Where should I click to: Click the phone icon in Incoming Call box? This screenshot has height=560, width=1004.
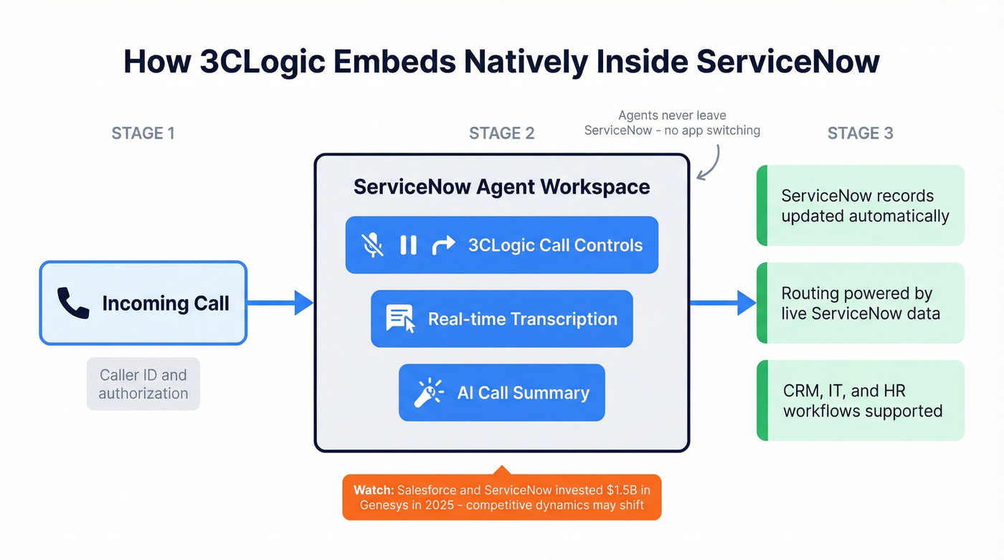tap(73, 303)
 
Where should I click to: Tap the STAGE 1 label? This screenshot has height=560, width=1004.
tap(143, 133)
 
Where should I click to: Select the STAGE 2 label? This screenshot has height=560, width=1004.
tap(501, 133)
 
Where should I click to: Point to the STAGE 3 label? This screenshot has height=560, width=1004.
tap(860, 133)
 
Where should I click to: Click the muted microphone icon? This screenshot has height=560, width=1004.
tap(372, 245)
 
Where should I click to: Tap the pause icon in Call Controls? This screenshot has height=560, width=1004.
tap(408, 245)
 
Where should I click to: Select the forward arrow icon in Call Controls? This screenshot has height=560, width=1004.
tap(443, 245)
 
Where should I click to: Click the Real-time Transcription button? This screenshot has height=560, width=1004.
tap(501, 319)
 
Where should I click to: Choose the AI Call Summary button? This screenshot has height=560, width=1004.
tap(501, 393)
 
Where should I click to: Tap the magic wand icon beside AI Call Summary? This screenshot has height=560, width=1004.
tap(429, 393)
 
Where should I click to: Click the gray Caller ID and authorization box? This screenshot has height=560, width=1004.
tap(143, 384)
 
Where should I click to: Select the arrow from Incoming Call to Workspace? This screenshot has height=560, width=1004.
tap(280, 303)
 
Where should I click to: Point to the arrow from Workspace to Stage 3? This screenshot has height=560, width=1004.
tap(723, 303)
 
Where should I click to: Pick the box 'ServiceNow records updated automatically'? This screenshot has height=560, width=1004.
tap(861, 206)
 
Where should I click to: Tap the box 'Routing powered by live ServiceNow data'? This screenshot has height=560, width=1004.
tap(861, 303)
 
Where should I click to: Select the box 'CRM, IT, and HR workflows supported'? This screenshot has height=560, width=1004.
tap(861, 401)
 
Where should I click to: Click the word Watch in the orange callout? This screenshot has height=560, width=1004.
tap(372, 490)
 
